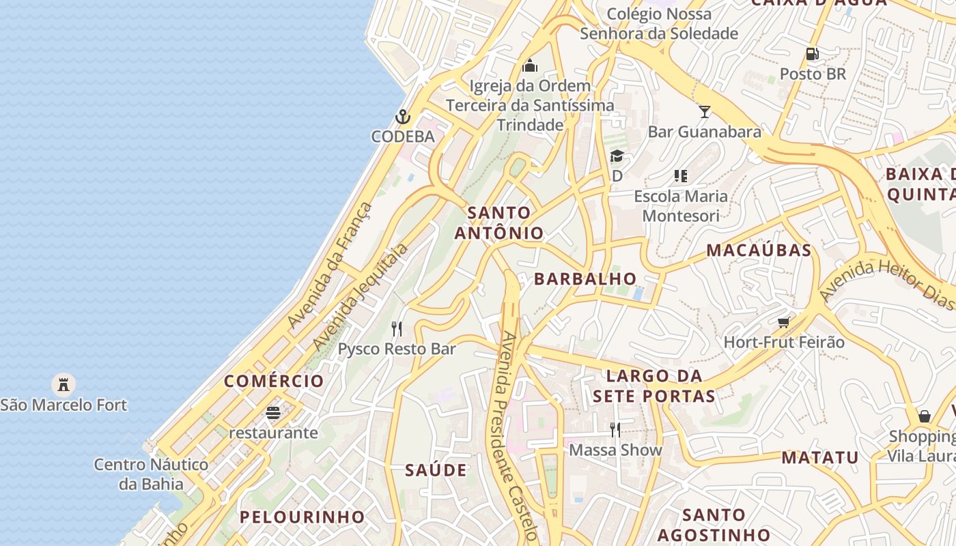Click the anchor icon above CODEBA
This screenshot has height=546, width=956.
coord(403,117)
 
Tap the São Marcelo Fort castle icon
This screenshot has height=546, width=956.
coord(64,385)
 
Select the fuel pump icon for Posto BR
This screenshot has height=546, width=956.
coord(812,53)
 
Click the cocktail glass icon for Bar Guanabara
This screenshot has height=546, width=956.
coord(704,111)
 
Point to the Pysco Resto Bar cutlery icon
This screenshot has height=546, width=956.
coord(397,329)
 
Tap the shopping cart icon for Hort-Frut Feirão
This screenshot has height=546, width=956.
coord(783,321)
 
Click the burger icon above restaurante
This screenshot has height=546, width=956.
coord(273,413)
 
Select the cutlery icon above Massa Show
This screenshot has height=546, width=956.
coord(615,429)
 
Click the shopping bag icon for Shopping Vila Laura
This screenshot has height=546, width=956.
coord(924,416)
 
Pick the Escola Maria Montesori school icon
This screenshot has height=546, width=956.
coord(680,177)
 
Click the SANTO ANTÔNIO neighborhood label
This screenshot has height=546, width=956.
coord(499,223)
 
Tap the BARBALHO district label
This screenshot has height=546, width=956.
coord(585,278)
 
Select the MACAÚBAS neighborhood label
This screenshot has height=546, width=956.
coord(759,250)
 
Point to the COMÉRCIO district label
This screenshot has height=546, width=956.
coord(274,381)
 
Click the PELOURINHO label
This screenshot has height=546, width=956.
coord(302,517)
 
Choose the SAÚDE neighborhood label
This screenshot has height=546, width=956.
coord(436,470)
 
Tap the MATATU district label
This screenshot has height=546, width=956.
coord(819,457)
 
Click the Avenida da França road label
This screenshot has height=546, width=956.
coord(331,265)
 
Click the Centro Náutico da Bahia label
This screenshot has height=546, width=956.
coord(151,474)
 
